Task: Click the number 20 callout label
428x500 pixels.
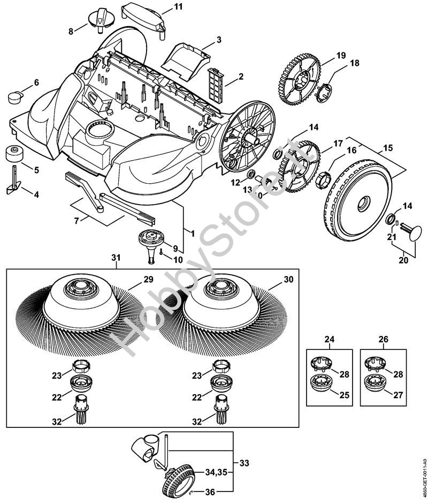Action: pos(403,260)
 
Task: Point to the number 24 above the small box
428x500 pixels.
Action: pos(330,339)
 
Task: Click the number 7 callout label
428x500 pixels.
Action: pos(78,220)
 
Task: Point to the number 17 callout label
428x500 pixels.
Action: pos(338,143)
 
